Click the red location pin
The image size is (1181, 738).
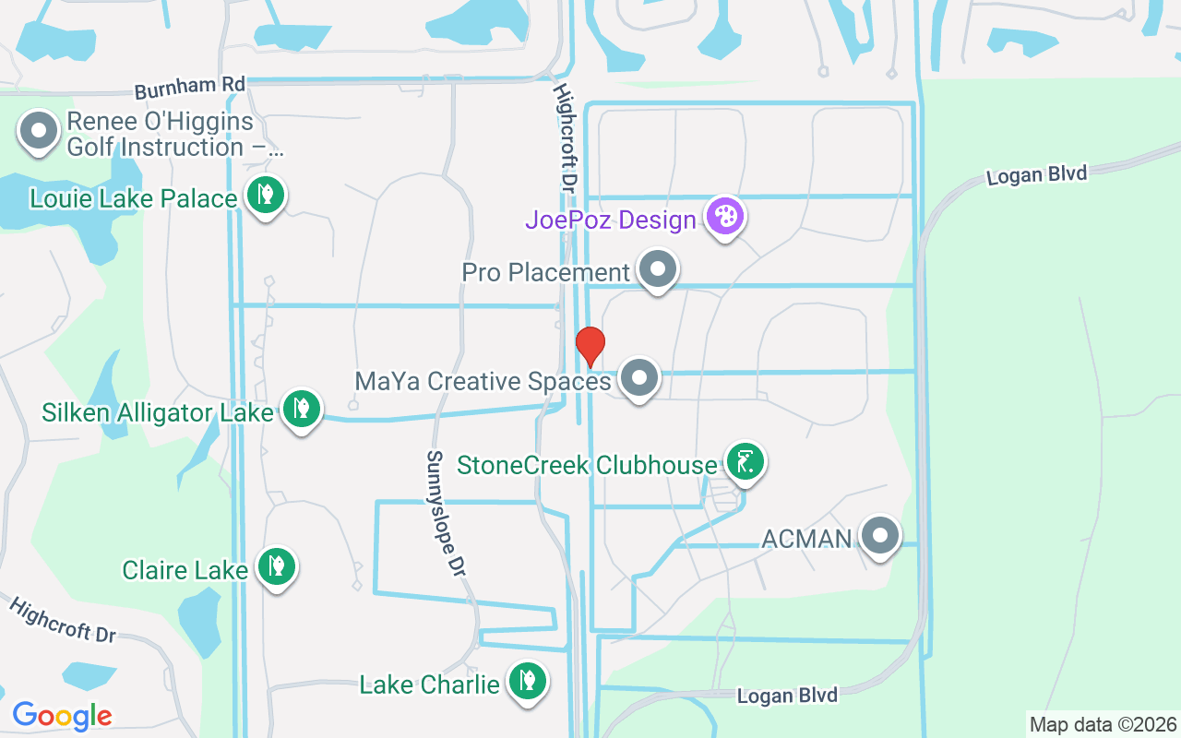(x=590, y=346)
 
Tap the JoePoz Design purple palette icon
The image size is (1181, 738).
(x=725, y=218)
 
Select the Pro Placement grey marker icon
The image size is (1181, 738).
(x=658, y=270)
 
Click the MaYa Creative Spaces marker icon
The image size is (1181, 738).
(x=638, y=378)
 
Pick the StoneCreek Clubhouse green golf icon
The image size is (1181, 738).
(x=745, y=461)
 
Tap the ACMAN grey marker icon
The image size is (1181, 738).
(x=880, y=535)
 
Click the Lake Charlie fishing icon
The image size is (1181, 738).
(x=527, y=682)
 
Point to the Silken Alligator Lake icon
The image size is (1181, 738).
(x=301, y=408)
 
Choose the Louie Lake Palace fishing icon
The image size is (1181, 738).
(x=266, y=195)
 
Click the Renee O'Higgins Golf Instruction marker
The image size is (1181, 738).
(x=39, y=131)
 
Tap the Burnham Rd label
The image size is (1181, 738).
(x=189, y=89)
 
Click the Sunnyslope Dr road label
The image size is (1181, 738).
(x=446, y=513)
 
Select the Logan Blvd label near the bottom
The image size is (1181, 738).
(x=787, y=696)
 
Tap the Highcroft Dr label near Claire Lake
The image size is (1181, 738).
(x=63, y=620)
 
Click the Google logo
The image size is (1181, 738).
(x=62, y=715)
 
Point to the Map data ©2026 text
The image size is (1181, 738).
(x=1103, y=724)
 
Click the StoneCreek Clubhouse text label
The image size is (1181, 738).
(x=587, y=465)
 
